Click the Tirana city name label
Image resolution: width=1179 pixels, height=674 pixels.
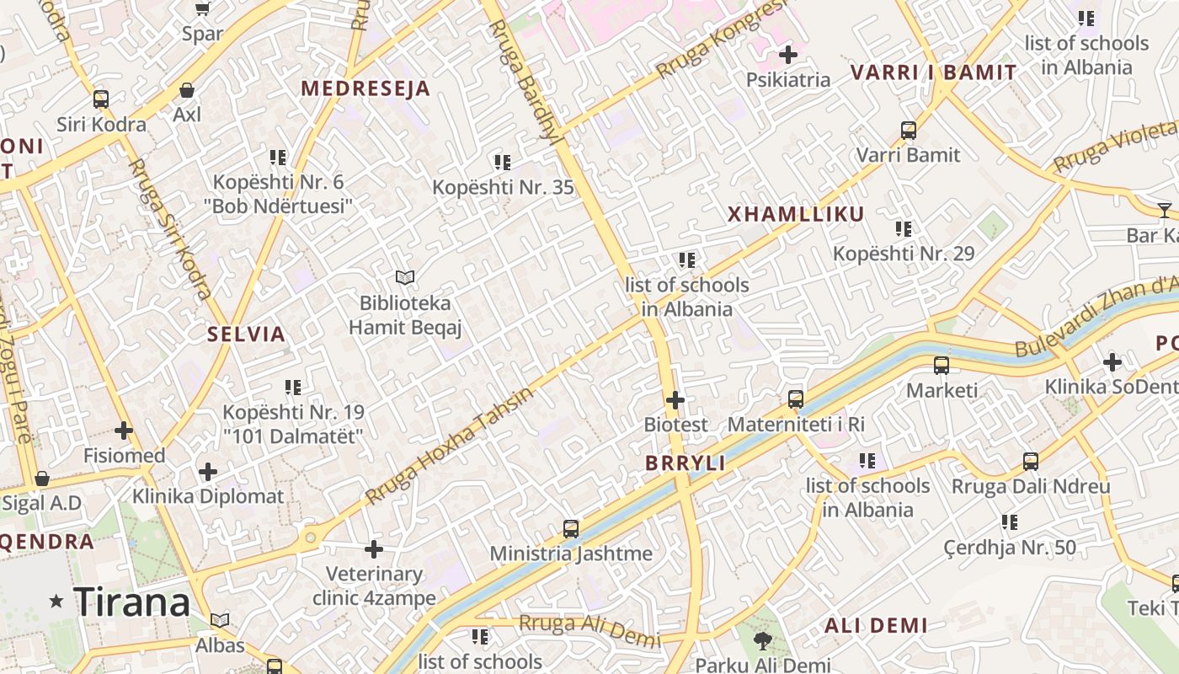tap(132, 602)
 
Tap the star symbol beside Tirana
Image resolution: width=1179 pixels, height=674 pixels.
tap(56, 601)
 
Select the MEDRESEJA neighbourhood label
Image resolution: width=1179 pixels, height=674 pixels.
tap(365, 88)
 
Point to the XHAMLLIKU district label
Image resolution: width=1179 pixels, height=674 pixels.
tap(796, 214)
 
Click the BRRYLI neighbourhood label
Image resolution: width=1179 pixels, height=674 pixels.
tap(686, 463)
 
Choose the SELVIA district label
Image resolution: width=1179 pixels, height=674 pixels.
tap(247, 334)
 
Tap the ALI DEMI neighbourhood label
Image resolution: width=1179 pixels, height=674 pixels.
tap(876, 625)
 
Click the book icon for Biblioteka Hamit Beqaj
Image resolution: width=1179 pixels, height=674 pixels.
tap(405, 277)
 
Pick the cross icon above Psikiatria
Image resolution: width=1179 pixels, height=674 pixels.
tap(788, 56)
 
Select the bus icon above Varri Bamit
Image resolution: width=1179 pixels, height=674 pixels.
tap(909, 131)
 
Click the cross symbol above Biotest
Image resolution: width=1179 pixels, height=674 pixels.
tap(675, 400)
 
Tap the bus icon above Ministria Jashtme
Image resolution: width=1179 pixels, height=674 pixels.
tap(571, 529)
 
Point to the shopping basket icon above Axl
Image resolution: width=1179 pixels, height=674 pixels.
tap(187, 90)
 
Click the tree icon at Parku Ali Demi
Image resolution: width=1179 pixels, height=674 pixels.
tap(763, 641)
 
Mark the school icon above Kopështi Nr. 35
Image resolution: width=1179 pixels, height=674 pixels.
tap(503, 162)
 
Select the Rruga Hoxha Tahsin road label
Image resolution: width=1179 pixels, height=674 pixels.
tap(451, 447)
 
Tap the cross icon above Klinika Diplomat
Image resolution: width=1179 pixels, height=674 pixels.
tap(208, 472)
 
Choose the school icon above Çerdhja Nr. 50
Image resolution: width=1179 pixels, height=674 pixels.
tap(1010, 522)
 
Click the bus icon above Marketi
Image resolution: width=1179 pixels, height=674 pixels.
tap(942, 366)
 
